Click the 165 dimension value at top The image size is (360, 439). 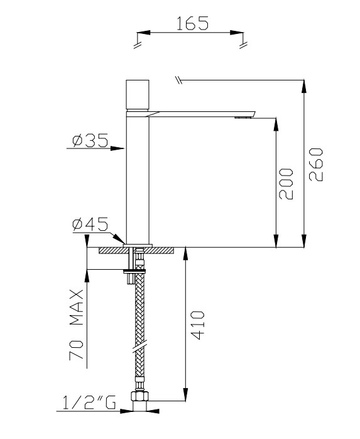[x=192, y=23]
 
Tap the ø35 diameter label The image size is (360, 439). [x=89, y=141]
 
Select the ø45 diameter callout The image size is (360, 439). [x=90, y=223]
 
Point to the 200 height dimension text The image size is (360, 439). [x=286, y=183]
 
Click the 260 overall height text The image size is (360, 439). [x=315, y=164]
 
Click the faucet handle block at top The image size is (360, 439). [x=137, y=95]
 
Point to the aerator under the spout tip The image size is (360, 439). [x=241, y=117]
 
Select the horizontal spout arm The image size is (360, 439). [x=201, y=112]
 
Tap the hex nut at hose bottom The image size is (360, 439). [x=138, y=399]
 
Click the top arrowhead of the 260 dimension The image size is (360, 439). [x=304, y=84]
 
